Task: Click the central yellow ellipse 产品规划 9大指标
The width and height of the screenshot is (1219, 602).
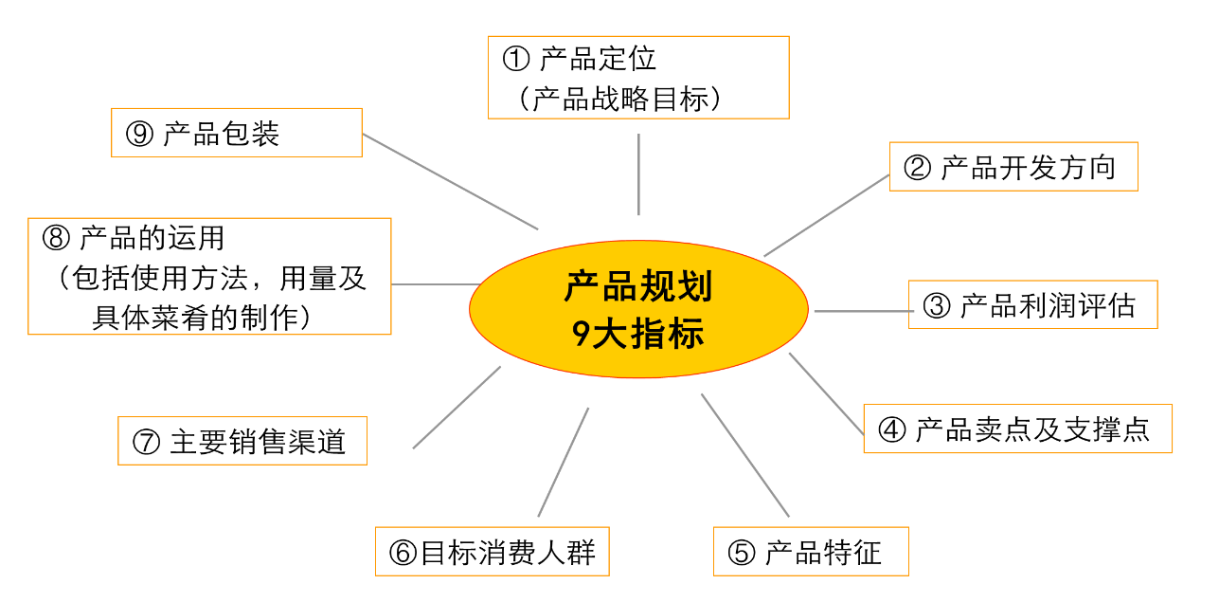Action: (638, 309)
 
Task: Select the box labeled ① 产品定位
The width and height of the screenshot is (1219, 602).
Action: (638, 78)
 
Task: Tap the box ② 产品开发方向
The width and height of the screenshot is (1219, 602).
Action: (1013, 167)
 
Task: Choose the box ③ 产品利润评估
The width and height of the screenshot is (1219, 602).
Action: (1032, 305)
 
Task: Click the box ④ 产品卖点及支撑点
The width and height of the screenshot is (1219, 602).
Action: (1017, 429)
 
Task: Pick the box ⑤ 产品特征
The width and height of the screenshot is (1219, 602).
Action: (811, 552)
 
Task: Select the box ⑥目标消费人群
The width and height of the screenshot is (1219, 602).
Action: (492, 552)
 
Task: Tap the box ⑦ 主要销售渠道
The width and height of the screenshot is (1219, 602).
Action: (242, 441)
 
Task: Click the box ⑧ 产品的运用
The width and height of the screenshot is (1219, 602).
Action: (209, 276)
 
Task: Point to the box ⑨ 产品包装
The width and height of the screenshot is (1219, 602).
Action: (236, 133)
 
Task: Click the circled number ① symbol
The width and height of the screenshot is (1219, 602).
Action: (515, 60)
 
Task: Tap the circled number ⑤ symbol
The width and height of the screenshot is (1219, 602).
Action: (742, 553)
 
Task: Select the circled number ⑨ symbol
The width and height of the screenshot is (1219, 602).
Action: (139, 134)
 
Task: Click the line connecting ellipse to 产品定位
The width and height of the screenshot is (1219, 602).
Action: (638, 174)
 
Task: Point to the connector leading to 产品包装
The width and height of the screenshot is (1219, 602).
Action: (450, 181)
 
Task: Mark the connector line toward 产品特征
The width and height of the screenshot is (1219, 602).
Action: (744, 455)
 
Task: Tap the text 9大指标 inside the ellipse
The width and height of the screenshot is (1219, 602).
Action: (638, 334)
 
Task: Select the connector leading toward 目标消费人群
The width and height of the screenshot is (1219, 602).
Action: (564, 462)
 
